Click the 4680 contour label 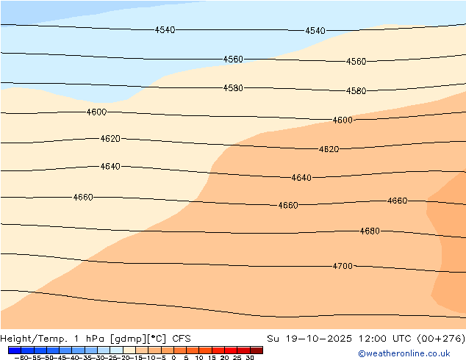coord(370,231)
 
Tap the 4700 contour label coord(343,266)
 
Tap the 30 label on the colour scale coord(250,358)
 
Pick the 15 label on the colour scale coord(212,358)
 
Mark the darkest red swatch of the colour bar coord(257,350)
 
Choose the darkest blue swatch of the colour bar coord(14,350)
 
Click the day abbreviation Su coord(273,339)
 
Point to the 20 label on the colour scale coord(224,358)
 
